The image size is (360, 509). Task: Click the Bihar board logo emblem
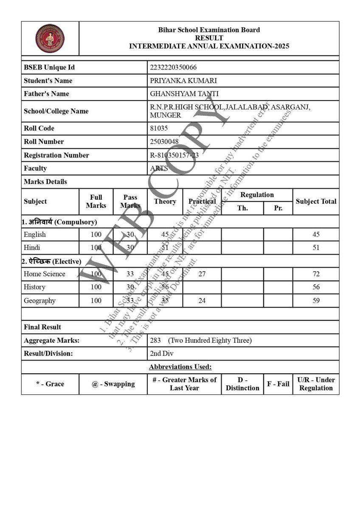[50, 38]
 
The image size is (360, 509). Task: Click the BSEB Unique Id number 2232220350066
[173, 67]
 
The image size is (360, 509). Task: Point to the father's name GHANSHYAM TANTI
[178, 94]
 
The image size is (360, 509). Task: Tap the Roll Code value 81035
[159, 128]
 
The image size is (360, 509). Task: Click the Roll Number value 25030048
[164, 142]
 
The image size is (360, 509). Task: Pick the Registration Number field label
[56, 155]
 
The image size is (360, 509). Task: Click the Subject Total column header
[316, 201]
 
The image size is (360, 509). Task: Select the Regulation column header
[257, 195]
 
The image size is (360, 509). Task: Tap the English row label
[35, 235]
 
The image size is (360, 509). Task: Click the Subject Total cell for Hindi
[316, 248]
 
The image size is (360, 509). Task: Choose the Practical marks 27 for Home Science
[202, 274]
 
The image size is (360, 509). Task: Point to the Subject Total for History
[316, 287]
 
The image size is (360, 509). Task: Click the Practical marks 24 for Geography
[202, 301]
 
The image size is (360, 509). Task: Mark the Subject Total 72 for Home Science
[316, 274]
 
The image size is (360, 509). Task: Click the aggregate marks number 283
[156, 340]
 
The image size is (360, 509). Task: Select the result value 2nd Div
[162, 353]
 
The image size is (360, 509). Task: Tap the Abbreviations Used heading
[180, 366]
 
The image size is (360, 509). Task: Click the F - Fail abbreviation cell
[278, 384]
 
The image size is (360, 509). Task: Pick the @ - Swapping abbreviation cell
[113, 384]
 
